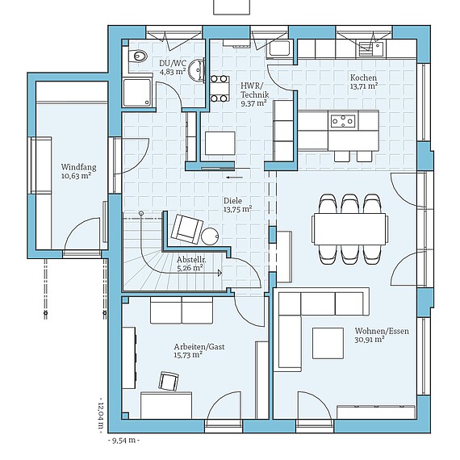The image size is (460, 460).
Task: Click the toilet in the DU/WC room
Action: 138,55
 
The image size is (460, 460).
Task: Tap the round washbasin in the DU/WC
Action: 197,69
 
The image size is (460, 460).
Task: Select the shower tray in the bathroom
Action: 137,92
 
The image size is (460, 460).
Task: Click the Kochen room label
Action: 363,77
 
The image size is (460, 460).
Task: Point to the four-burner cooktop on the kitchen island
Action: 342,121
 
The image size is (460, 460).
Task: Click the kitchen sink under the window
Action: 370,48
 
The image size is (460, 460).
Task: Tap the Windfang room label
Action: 78,167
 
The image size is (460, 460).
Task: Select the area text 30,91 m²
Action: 370,340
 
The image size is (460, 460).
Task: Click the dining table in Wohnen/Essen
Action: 350,229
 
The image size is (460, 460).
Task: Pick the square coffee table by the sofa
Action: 328,343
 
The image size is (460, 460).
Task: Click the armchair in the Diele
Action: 187,229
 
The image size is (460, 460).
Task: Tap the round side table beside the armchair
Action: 210,236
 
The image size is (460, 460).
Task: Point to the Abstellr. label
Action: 191,259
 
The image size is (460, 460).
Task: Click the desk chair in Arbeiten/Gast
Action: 169,382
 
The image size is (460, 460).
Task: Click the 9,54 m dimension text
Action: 123,441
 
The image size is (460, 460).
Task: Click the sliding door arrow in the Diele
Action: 235,178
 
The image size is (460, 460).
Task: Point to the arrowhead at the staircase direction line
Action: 220,273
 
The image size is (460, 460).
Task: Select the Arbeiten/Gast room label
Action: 199,346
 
